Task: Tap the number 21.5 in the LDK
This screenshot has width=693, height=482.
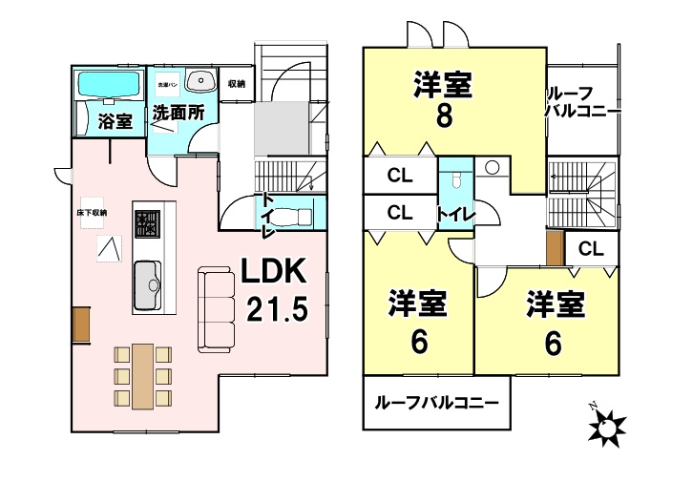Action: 277,309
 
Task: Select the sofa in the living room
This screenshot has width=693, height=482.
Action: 215,308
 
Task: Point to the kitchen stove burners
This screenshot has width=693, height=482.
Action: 147,225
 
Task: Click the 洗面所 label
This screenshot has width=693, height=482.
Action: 178,113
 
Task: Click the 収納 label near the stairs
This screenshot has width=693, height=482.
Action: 237,84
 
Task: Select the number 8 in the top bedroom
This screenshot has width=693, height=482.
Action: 444,116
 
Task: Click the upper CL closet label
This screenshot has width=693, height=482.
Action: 399,176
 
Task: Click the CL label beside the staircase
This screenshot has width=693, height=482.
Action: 591,249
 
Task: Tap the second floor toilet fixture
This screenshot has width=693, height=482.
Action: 457,178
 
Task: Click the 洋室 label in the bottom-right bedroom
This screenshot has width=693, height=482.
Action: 556,305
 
